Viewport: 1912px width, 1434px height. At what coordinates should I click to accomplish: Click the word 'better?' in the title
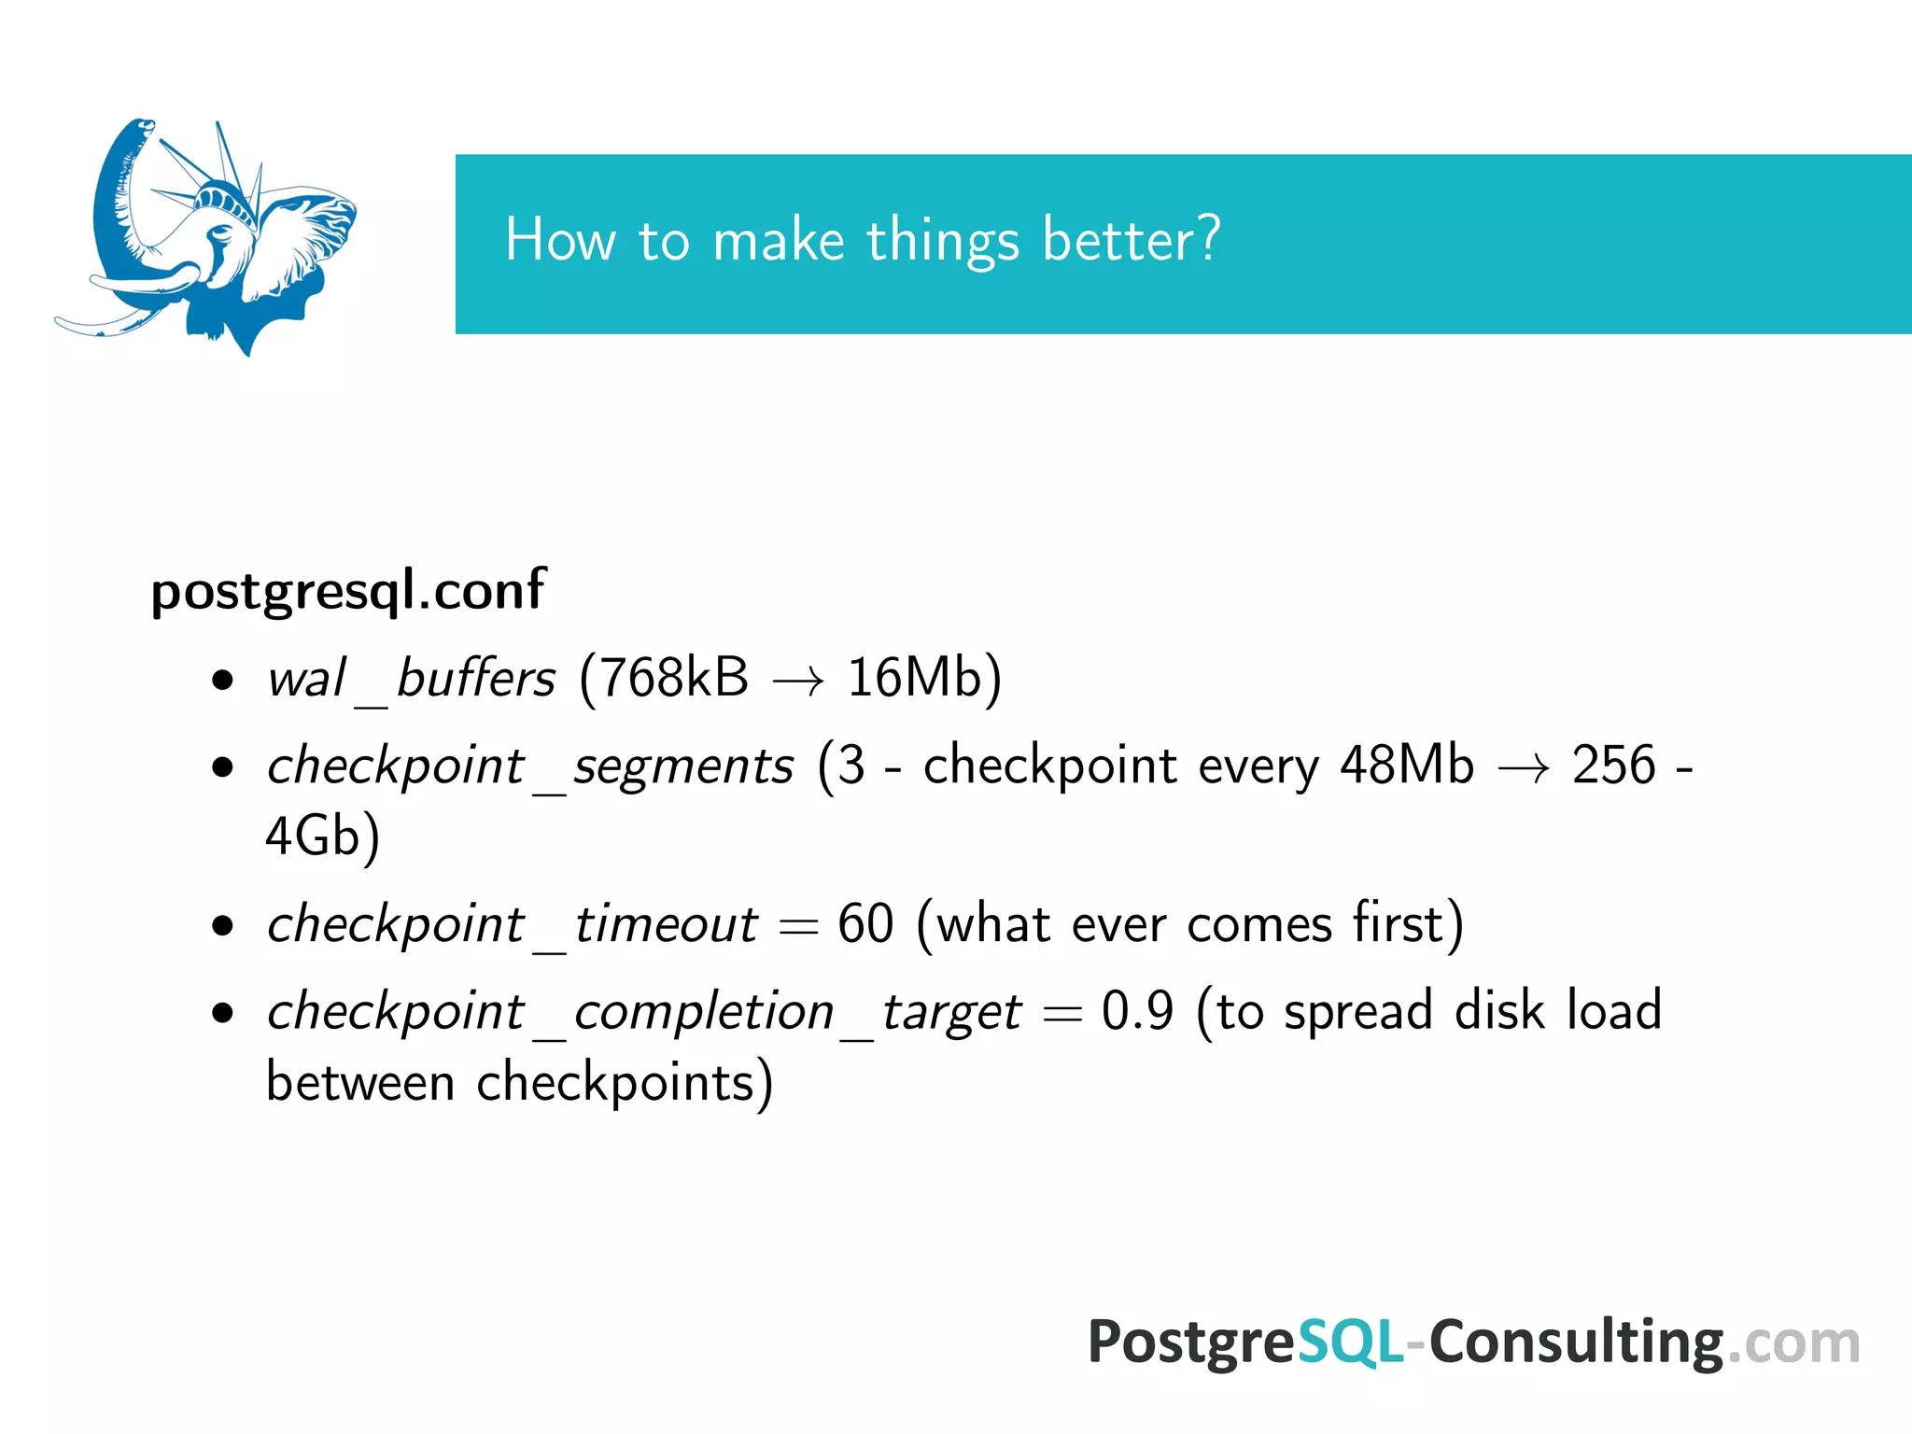pos(1131,241)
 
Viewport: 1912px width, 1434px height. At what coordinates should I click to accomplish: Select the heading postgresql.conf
pos(347,591)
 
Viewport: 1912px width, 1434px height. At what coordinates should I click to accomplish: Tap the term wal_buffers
pos(411,679)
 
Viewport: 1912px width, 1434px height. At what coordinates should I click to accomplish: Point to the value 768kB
pos(673,679)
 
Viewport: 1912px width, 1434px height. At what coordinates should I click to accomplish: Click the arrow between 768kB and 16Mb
pos(798,682)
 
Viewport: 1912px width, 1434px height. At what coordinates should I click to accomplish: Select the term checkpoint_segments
pos(529,767)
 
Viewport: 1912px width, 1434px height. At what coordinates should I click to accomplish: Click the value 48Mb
pos(1406,766)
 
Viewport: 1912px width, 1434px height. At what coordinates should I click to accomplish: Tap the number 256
pos(1613,766)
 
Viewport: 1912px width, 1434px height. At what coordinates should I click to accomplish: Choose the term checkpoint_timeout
pos(512,925)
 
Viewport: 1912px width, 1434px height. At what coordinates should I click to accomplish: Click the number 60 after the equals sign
pos(865,925)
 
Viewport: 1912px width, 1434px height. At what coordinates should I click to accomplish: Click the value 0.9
pos(1137,1012)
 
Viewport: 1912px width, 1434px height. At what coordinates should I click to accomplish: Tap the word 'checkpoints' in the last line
pos(616,1084)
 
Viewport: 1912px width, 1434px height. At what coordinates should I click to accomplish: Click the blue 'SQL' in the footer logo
pos(1350,1343)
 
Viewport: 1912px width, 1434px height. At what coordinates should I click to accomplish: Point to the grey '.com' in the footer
pos(1793,1345)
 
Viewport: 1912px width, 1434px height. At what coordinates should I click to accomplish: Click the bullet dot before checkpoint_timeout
pos(222,927)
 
